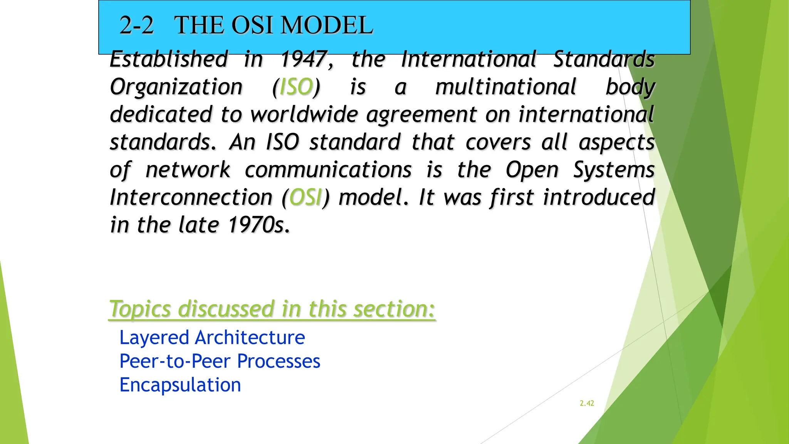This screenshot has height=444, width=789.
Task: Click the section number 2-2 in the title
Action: pos(136,25)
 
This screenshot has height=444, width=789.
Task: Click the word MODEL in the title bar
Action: pos(327,25)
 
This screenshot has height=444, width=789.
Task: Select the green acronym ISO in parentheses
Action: pos(296,87)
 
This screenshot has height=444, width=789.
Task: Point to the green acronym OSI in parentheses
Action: pos(306,197)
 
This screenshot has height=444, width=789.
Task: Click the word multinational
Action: pos(505,87)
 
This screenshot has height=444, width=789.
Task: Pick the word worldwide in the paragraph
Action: pos(304,115)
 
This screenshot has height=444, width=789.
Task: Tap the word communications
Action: pos(328,170)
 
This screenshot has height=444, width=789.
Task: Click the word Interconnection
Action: pos(191,197)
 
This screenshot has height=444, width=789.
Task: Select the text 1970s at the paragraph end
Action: pos(259,225)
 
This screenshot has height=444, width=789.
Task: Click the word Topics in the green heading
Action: pos(140,309)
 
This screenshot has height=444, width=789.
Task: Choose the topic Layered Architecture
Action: pos(212,338)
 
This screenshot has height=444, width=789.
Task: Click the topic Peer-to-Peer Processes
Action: pos(220,362)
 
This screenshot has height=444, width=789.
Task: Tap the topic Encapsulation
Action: pos(180,385)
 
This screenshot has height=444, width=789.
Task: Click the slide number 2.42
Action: pos(587,403)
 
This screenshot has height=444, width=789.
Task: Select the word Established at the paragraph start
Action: pos(169,59)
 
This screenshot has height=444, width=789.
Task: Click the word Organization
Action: pos(176,87)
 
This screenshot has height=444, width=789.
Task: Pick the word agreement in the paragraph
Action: pos(421,115)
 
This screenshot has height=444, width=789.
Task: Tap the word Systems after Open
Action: pos(614,170)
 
